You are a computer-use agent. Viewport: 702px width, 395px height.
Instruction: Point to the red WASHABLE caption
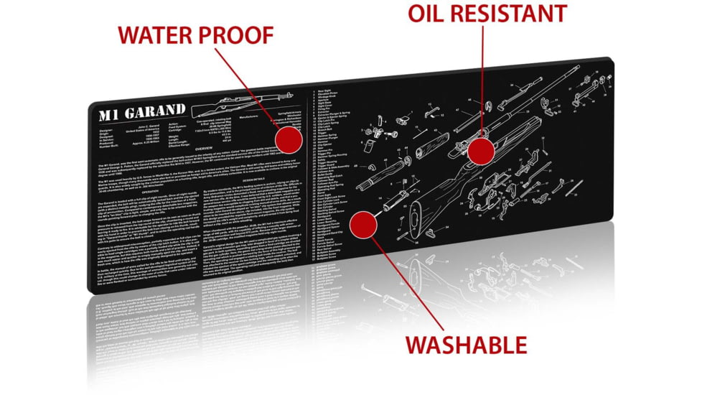coord(466,345)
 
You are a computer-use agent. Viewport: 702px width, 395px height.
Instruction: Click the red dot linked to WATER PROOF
coord(289,140)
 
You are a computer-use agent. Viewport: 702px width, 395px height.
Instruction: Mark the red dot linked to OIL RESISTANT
coord(481,150)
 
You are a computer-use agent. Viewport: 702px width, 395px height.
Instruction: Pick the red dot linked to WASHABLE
coord(363,224)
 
